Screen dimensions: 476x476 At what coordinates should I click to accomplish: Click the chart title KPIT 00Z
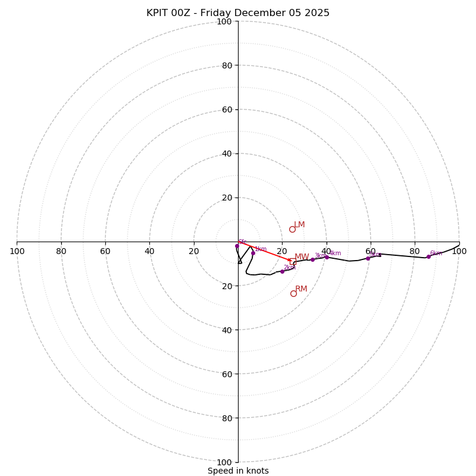pyautogui.click(x=238, y=13)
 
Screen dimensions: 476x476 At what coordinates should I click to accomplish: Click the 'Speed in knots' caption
pyautogui.click(x=238, y=471)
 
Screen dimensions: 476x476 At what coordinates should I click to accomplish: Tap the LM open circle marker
pyautogui.click(x=292, y=229)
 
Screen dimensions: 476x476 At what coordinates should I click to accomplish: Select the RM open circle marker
pyautogui.click(x=293, y=293)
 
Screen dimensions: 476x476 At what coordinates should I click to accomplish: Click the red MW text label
pyautogui.click(x=302, y=257)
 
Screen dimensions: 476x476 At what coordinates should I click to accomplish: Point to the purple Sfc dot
pyautogui.click(x=237, y=246)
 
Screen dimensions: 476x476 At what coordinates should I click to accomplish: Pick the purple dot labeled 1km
pyautogui.click(x=253, y=253)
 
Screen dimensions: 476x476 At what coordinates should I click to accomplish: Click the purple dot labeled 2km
pyautogui.click(x=282, y=271)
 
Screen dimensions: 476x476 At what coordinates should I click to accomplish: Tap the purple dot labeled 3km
pyautogui.click(x=312, y=259)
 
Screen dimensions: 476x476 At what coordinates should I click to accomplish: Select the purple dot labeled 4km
pyautogui.click(x=327, y=257)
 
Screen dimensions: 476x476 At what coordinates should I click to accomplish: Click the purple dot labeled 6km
pyautogui.click(x=428, y=256)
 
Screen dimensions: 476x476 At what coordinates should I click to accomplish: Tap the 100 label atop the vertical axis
pyautogui.click(x=224, y=22)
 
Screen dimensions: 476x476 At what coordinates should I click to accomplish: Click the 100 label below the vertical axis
pyautogui.click(x=224, y=462)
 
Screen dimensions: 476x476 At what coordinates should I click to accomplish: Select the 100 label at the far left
pyautogui.click(x=17, y=251)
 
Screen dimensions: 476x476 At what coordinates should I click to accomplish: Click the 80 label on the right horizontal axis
pyautogui.click(x=415, y=251)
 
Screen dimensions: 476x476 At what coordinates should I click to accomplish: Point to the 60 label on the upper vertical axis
pyautogui.click(x=227, y=109)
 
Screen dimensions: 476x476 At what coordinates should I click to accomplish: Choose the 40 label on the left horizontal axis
pyautogui.click(x=149, y=251)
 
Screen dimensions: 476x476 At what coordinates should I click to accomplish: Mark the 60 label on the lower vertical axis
pyautogui.click(x=227, y=374)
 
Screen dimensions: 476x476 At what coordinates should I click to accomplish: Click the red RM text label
pyautogui.click(x=302, y=289)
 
